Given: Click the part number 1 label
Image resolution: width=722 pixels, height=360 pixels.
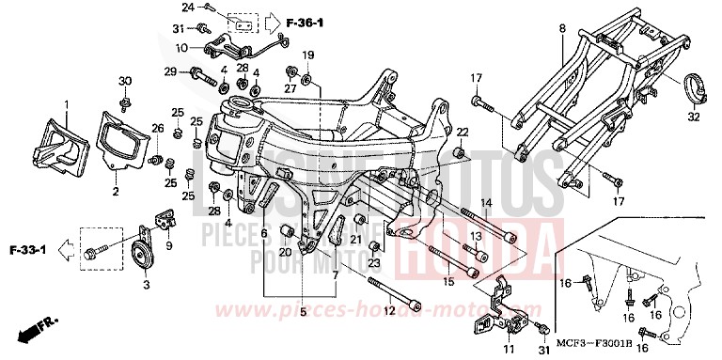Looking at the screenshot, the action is coord(66,102).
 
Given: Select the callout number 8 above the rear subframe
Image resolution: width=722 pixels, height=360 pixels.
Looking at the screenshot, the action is coord(561,30).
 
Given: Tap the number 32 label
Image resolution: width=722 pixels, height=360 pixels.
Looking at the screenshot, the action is coord(694,117).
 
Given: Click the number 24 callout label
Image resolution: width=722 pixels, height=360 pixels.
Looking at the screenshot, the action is coord(213,7).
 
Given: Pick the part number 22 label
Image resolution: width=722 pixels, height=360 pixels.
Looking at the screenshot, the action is coord(462,133).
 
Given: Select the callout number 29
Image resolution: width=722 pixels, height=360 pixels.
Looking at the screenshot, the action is coord(171,71).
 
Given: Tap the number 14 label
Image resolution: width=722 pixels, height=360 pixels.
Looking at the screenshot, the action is coord(487,203).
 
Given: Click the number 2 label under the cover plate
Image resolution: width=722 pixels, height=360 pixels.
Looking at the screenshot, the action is coord(115,192).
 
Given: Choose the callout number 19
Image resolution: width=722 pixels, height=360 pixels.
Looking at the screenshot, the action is coord(307,54).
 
